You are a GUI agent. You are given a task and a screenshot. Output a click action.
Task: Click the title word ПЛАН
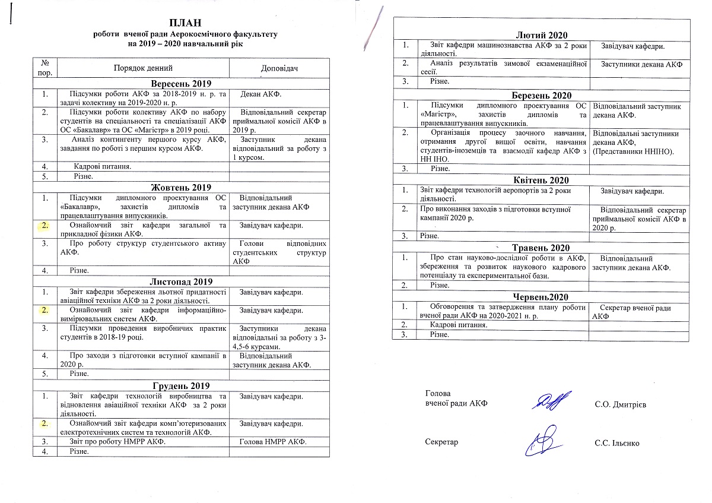[x=185, y=23]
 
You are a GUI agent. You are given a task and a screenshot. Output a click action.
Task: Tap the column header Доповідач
[x=279, y=69]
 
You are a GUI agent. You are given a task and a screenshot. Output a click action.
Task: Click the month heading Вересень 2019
[x=181, y=83]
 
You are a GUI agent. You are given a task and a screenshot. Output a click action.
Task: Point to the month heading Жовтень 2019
[x=181, y=188]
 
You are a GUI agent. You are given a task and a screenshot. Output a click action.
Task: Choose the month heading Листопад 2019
[x=181, y=281]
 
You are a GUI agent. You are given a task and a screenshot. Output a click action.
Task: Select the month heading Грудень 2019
[x=181, y=385]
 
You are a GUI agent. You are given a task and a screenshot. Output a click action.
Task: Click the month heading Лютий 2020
[x=542, y=35]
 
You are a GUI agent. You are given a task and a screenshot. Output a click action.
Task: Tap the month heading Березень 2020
[x=542, y=95]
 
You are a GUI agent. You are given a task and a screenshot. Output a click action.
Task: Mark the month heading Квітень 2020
[x=542, y=180]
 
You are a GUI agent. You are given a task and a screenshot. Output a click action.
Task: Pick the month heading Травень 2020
[x=542, y=248]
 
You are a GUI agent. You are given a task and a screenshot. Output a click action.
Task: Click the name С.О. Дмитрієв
[x=620, y=405]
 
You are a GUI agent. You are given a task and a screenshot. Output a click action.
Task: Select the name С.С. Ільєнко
[x=617, y=443]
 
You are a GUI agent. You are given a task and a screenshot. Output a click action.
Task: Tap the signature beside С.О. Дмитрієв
[x=552, y=401]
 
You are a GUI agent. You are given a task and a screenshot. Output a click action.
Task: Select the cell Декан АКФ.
[x=262, y=94]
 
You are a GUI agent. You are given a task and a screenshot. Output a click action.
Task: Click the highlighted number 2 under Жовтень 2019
[x=46, y=226]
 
